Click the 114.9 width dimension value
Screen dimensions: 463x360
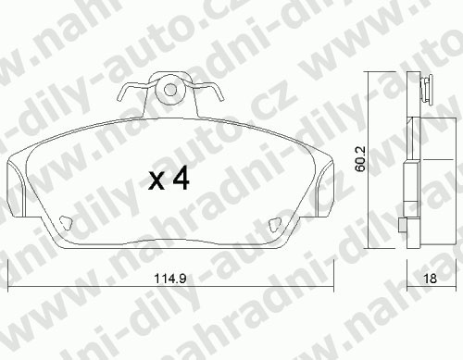coord(170,279)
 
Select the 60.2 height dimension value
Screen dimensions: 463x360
coord(360,158)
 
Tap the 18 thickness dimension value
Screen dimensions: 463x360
coord(431,279)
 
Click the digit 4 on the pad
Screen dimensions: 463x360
coord(181,179)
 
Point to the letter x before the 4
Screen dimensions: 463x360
coord(156,181)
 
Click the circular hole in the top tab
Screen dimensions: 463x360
coord(170,90)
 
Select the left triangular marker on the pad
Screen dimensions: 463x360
coord(66,223)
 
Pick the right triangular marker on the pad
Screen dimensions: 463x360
coord(275,225)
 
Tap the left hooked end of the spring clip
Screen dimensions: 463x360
coord(120,94)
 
